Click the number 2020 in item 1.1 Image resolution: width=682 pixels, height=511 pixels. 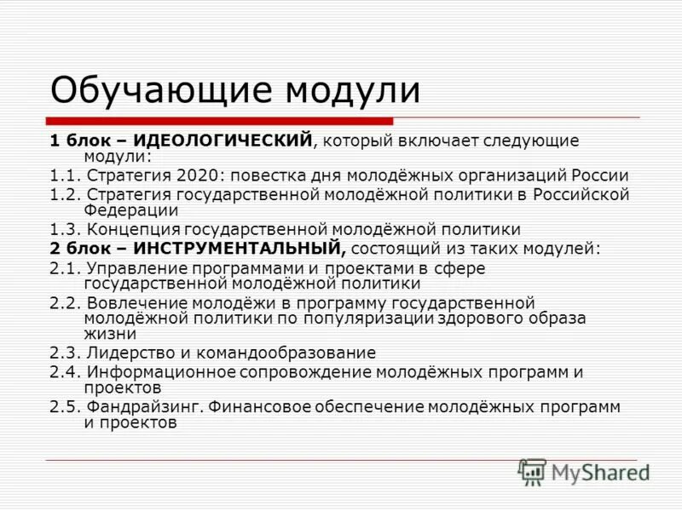[x=199, y=176]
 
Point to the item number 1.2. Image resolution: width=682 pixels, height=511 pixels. [x=64, y=195]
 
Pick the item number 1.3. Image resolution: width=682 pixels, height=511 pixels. [x=64, y=229]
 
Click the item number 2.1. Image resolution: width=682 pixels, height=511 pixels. [x=64, y=268]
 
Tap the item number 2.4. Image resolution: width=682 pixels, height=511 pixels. [x=64, y=372]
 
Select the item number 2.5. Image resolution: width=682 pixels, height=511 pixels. [x=64, y=406]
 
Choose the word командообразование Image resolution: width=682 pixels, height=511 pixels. [x=286, y=352]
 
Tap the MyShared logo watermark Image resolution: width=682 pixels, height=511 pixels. [x=584, y=472]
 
